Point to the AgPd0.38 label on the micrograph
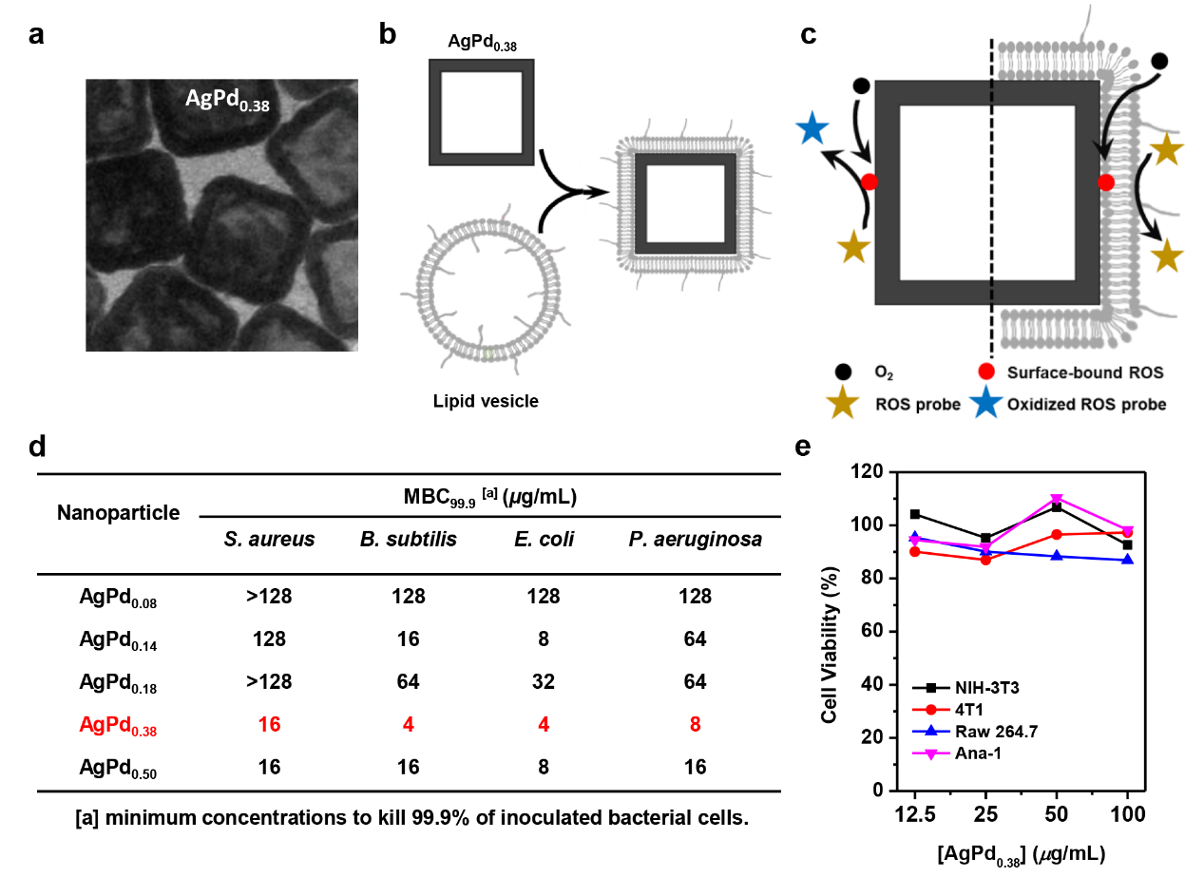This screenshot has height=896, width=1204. [x=227, y=102]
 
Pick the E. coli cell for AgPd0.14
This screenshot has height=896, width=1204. [x=543, y=639]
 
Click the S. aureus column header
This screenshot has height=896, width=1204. [x=269, y=540]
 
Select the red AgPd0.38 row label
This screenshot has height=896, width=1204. [x=119, y=724]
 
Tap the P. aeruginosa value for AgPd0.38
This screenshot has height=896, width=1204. [x=694, y=724]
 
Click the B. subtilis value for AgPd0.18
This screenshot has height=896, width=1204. [x=408, y=681]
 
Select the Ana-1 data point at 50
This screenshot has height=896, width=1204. [x=1056, y=499]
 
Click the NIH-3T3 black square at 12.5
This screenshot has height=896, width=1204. [x=914, y=514]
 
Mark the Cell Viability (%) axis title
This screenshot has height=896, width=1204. [x=828, y=630]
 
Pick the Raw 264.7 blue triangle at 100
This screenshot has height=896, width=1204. [x=1127, y=560]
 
